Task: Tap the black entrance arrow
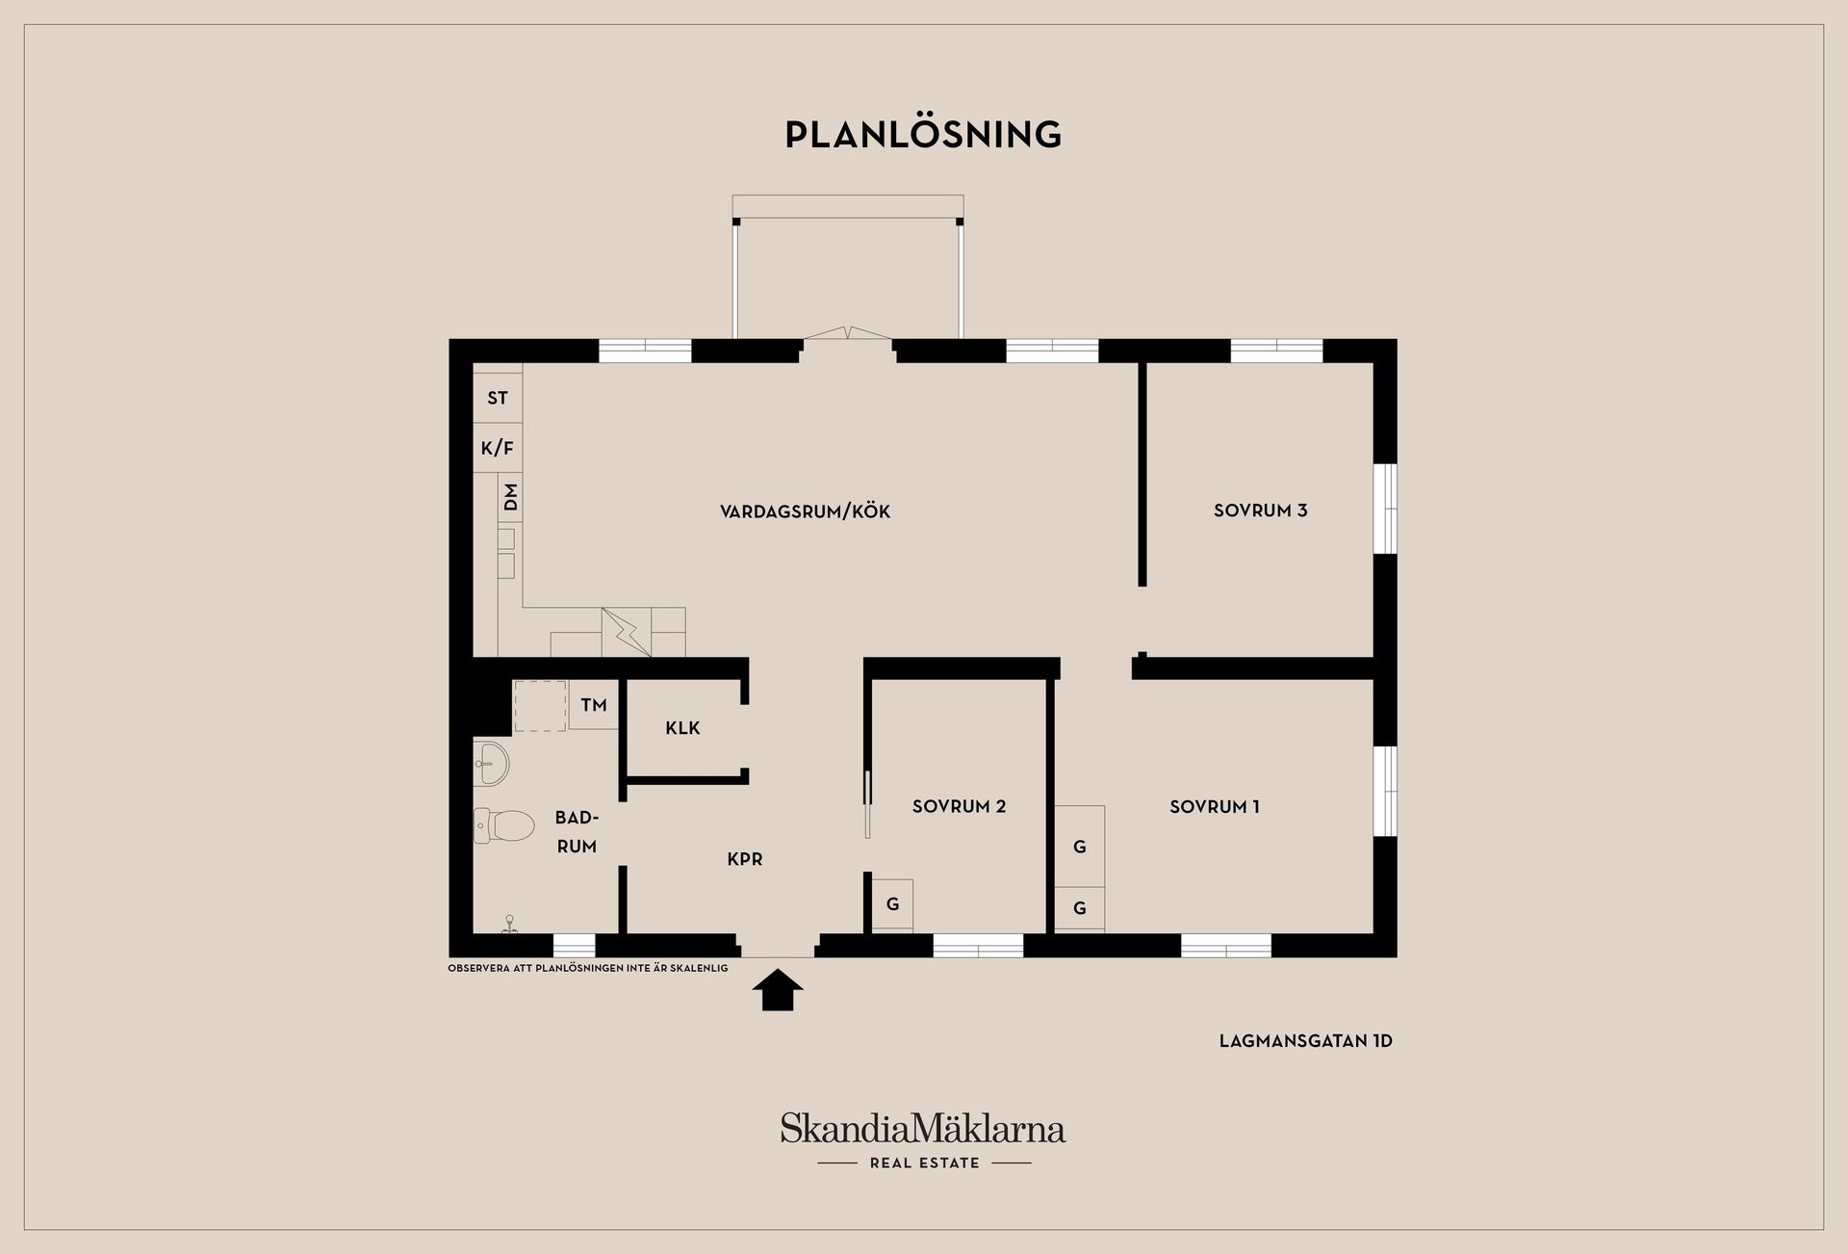(x=778, y=990)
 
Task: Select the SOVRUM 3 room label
(x=1260, y=510)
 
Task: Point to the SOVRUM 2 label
(x=959, y=806)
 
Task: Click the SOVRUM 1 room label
(x=1215, y=807)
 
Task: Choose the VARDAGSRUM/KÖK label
(x=805, y=511)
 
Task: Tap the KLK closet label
(x=682, y=728)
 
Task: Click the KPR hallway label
(x=745, y=859)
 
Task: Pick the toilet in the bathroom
(x=504, y=825)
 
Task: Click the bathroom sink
(x=491, y=764)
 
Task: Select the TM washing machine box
(x=593, y=704)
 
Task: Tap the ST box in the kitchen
(x=498, y=398)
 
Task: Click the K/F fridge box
(x=498, y=448)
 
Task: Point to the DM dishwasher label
(x=511, y=497)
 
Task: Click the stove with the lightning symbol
(x=627, y=632)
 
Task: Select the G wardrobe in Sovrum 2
(x=893, y=905)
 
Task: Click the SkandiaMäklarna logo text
(x=923, y=1128)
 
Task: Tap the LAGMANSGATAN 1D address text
(x=1306, y=1041)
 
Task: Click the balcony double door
(x=847, y=334)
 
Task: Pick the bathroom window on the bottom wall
(x=575, y=945)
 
